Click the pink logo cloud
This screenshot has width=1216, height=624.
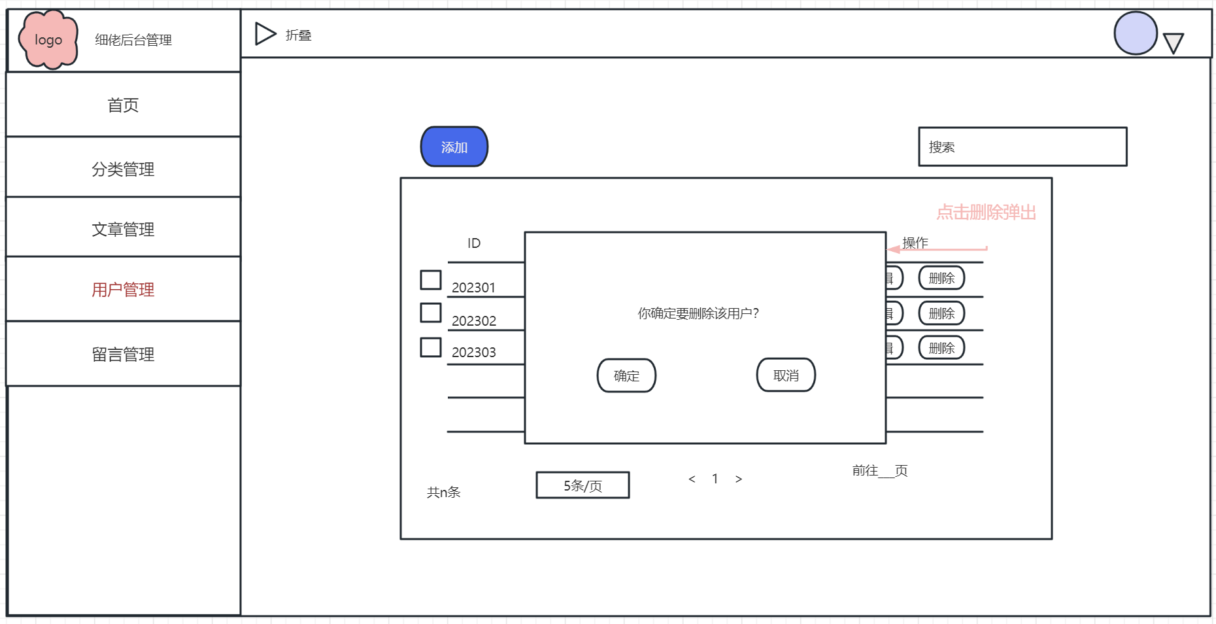48,39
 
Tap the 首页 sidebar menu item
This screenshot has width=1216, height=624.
123,105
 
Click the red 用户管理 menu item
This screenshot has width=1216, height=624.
123,289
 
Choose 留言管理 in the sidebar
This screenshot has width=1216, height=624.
123,354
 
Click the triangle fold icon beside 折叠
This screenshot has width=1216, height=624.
265,34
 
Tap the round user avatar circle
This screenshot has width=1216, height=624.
1136,33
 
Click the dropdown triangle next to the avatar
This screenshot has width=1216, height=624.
1174,43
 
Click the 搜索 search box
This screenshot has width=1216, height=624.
1022,147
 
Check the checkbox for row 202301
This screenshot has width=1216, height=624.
430,280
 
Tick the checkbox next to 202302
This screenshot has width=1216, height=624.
430,313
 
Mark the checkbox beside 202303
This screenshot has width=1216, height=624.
430,347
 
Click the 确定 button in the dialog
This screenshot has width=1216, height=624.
626,375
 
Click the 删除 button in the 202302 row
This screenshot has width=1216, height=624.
941,313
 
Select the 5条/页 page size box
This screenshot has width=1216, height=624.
583,485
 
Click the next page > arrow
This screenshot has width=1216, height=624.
739,479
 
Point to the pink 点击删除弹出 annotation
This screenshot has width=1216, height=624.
986,213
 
